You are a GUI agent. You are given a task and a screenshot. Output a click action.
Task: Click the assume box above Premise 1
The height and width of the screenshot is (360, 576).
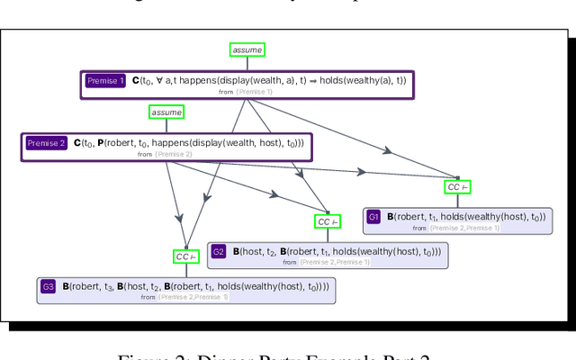(247, 49)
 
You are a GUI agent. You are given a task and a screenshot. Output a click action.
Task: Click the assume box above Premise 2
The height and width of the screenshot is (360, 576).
(166, 112)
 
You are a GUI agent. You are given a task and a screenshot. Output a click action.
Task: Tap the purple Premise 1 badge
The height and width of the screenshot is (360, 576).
(105, 81)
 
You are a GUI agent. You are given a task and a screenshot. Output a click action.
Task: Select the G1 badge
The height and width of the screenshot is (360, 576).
(373, 217)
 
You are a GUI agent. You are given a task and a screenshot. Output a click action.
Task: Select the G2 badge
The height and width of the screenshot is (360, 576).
(218, 252)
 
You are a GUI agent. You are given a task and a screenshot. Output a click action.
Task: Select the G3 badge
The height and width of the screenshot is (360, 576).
(49, 287)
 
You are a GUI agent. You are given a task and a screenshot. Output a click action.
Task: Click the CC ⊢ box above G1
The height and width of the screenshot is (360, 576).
(457, 187)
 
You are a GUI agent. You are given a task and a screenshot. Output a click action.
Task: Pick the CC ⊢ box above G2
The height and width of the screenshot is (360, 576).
(327, 221)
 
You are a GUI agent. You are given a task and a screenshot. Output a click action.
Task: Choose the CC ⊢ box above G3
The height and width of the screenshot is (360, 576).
(186, 256)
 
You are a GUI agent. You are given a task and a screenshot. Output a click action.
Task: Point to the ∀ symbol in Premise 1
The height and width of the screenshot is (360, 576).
(159, 81)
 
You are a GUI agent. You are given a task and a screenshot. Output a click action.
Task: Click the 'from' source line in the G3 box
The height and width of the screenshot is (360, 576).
(184, 297)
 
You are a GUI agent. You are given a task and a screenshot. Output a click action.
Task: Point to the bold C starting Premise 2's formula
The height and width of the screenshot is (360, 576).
(77, 143)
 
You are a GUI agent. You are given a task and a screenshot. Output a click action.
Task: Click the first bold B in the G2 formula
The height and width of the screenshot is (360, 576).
(237, 252)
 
